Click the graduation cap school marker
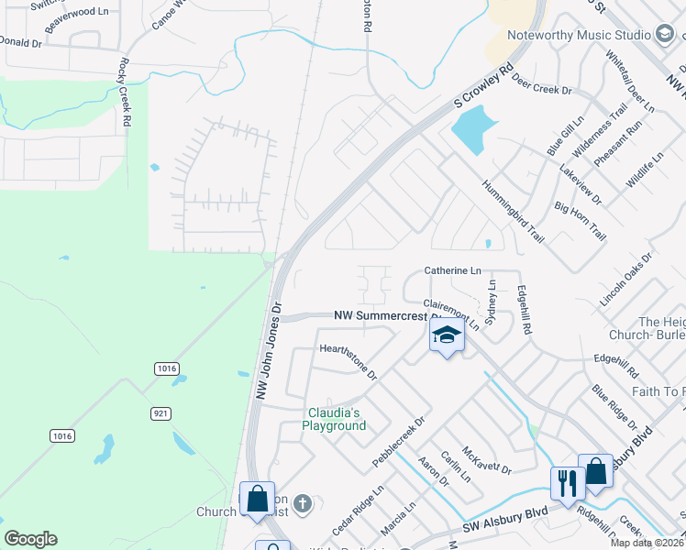pyautogui.click(x=447, y=335)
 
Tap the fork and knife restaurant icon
pyautogui.click(x=566, y=481)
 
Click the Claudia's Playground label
pyautogui.click(x=336, y=419)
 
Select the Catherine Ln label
pyautogui.click(x=452, y=271)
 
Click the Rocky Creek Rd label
pyautogui.click(x=124, y=93)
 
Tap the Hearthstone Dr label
pyautogui.click(x=349, y=361)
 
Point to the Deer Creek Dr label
pyautogui.click(x=541, y=84)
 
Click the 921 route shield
pyautogui.click(x=161, y=413)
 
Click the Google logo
pyautogui.click(x=30, y=539)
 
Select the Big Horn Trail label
pyautogui.click(x=581, y=220)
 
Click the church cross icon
pyautogui.click(x=304, y=502)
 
